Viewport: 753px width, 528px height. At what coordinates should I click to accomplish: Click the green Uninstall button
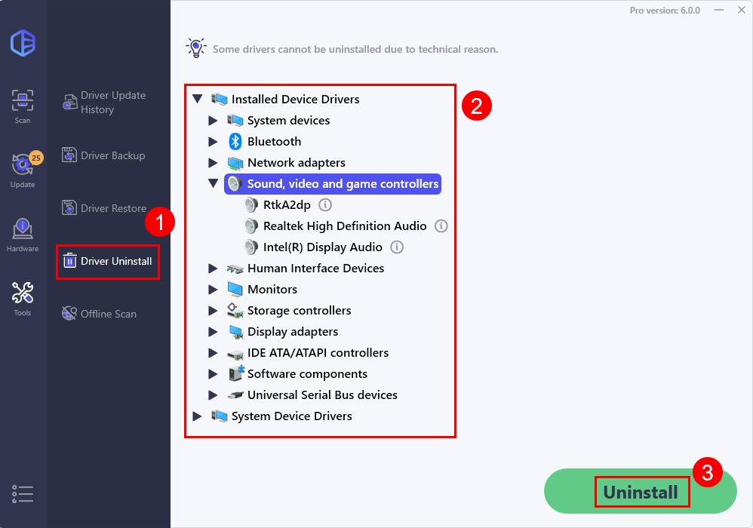click(640, 491)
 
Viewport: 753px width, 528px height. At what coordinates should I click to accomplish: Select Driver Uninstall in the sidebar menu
click(108, 261)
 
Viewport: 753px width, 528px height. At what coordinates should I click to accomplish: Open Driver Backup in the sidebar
click(103, 155)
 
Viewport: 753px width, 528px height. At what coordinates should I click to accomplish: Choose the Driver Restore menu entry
click(104, 208)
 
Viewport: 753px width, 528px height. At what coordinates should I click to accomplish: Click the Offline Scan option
click(100, 314)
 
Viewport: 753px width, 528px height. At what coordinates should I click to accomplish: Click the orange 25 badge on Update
click(36, 158)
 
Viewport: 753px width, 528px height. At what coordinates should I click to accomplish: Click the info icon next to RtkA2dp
click(325, 205)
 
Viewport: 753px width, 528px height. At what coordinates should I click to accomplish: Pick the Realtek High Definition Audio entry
click(345, 226)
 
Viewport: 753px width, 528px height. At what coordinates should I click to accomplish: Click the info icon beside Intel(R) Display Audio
click(397, 247)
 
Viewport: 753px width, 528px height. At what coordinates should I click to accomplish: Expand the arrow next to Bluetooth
click(213, 142)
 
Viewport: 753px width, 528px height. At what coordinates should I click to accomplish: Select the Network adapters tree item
click(297, 163)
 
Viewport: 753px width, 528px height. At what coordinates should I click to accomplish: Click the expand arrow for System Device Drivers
click(197, 416)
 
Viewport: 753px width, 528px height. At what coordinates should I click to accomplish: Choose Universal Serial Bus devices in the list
click(322, 395)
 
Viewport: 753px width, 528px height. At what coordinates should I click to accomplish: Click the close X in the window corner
click(742, 10)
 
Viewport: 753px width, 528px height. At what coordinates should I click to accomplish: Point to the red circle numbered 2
click(476, 106)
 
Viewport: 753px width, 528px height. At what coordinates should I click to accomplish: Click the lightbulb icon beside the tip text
click(196, 48)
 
